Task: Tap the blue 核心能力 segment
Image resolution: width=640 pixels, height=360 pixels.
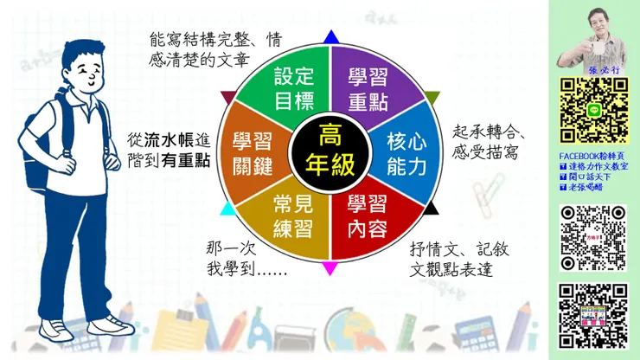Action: point(406,152)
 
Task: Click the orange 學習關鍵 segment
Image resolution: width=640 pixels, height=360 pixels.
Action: point(253,152)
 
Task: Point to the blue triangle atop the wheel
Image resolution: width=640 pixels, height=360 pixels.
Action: point(330,37)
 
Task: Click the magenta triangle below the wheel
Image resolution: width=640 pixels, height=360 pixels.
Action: point(330,267)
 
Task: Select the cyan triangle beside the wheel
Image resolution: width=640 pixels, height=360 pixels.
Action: point(227,209)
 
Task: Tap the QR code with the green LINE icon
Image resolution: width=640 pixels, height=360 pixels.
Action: point(592,110)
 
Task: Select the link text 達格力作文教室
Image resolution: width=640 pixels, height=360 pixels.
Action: point(598,165)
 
